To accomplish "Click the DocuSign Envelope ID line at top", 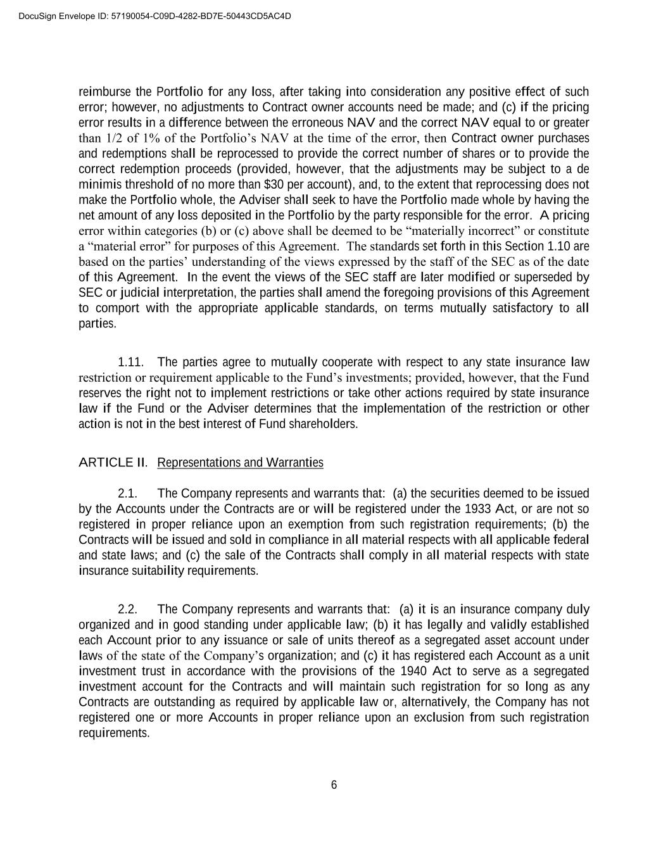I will point(155,16).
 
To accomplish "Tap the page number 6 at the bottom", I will point(334,786).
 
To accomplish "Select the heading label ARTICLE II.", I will point(113,463).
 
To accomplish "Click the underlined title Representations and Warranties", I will point(240,463).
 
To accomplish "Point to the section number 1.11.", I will point(130,363).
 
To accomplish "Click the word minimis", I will point(98,185).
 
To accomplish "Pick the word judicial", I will point(140,293).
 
